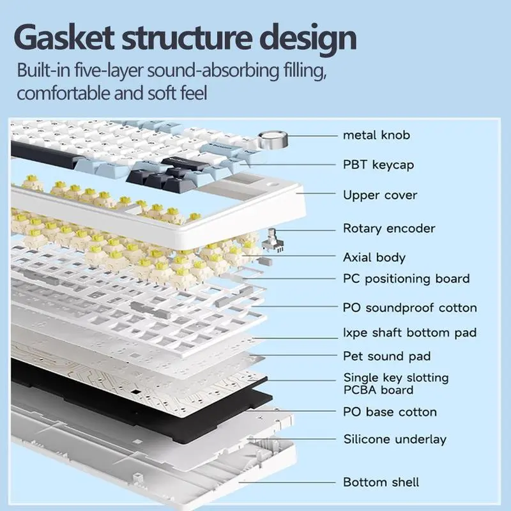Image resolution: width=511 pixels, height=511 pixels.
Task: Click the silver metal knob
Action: click(x=274, y=139)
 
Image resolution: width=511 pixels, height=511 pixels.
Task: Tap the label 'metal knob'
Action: click(x=376, y=135)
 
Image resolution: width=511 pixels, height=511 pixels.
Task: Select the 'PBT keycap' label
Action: click(x=378, y=165)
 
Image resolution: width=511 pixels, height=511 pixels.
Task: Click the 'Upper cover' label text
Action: click(x=379, y=195)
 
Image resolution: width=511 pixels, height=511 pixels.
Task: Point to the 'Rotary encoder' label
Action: click(x=389, y=228)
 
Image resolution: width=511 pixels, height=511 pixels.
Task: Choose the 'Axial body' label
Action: click(x=374, y=257)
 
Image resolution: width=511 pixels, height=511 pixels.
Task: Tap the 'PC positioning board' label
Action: click(x=406, y=278)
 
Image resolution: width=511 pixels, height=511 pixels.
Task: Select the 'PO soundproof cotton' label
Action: click(x=410, y=308)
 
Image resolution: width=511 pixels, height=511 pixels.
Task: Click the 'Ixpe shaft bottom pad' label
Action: click(x=409, y=333)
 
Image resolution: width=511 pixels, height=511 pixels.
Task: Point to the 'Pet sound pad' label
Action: click(x=387, y=356)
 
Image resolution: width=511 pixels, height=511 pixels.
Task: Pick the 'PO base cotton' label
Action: click(x=390, y=412)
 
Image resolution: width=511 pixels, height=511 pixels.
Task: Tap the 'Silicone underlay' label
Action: click(x=394, y=439)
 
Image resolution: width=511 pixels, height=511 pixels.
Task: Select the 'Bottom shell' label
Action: click(x=381, y=482)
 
